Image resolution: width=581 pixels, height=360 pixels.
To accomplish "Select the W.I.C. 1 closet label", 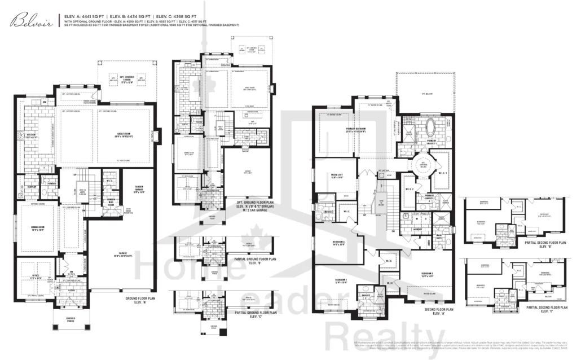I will (x=442, y=173).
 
